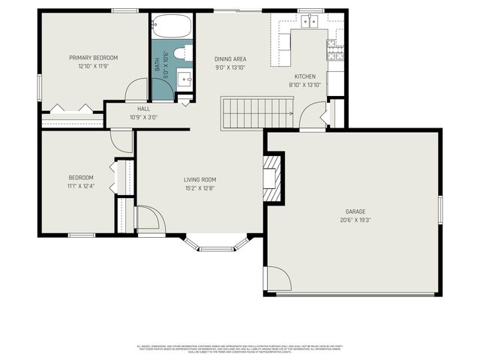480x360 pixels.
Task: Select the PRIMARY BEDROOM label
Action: pos(94,58)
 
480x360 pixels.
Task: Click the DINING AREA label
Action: pos(231,59)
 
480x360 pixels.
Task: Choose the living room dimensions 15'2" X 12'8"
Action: pos(200,187)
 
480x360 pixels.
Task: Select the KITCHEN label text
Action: pos(304,76)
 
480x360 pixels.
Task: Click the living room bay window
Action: pos(217,244)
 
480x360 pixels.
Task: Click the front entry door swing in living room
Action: pos(148,219)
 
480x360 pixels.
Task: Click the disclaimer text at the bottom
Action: pos(240,349)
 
